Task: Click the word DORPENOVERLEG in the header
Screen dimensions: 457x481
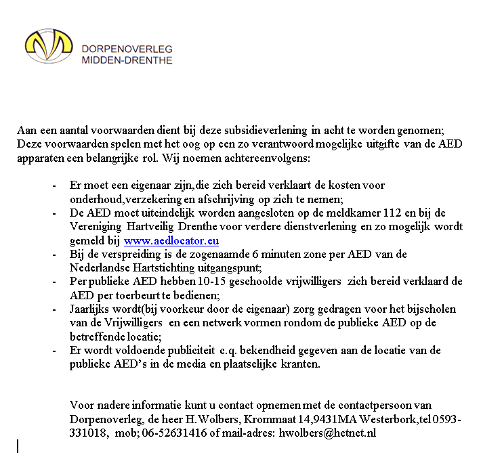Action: click(127, 49)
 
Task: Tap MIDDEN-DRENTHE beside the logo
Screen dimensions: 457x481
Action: click(127, 60)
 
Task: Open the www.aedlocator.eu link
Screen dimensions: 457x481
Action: click(171, 240)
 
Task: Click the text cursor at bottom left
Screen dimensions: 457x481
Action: click(18, 445)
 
